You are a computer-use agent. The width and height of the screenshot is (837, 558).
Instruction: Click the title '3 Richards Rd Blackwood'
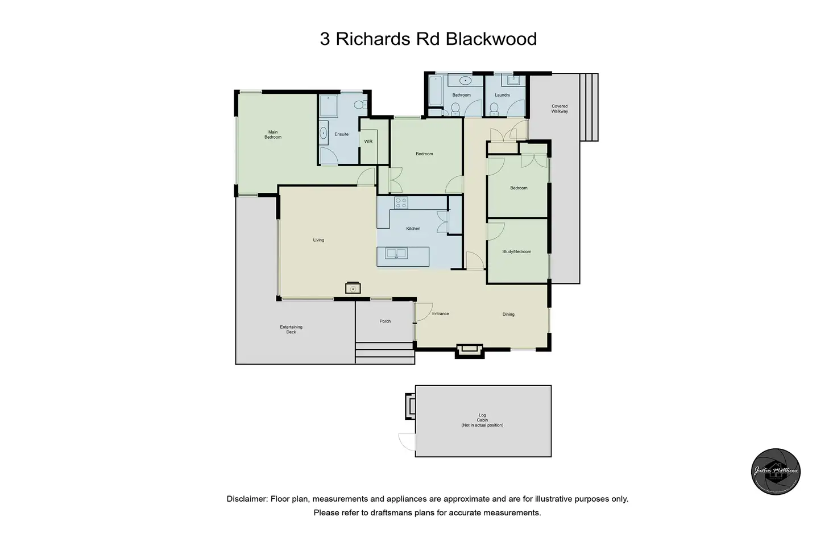pyautogui.click(x=428, y=39)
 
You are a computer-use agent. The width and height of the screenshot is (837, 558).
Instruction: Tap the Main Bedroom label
pyautogui.click(x=273, y=135)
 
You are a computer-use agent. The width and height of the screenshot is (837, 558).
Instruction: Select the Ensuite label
pyautogui.click(x=341, y=134)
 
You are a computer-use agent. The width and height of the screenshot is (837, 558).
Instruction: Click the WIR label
pyautogui.click(x=368, y=141)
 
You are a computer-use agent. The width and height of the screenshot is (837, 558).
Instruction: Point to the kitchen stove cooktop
pyautogui.click(x=401, y=203)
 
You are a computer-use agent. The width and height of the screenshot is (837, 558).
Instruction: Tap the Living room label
pyautogui.click(x=318, y=240)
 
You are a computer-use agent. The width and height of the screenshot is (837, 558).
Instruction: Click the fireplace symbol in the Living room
pyautogui.click(x=353, y=288)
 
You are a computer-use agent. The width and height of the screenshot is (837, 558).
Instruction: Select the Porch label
pyautogui.click(x=385, y=321)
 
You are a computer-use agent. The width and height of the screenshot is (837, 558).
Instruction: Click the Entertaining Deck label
pyautogui.click(x=291, y=329)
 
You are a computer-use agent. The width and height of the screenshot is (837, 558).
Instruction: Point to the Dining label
pyautogui.click(x=508, y=314)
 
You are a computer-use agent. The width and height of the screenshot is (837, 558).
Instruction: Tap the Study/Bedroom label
pyautogui.click(x=516, y=251)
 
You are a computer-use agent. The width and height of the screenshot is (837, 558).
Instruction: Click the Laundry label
pyautogui.click(x=502, y=95)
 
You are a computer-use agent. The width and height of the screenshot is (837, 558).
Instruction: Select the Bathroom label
pyautogui.click(x=461, y=95)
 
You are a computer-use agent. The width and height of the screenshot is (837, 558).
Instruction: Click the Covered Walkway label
pyautogui.click(x=560, y=109)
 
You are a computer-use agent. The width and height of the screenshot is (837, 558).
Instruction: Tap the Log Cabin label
pyautogui.click(x=482, y=420)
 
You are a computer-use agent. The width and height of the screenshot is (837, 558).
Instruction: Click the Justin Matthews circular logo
pyautogui.click(x=776, y=471)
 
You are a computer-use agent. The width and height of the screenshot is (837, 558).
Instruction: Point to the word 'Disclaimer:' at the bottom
pyautogui.click(x=247, y=499)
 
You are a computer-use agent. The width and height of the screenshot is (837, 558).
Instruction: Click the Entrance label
pyautogui.click(x=440, y=313)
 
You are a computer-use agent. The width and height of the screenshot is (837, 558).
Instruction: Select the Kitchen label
pyautogui.click(x=413, y=229)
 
